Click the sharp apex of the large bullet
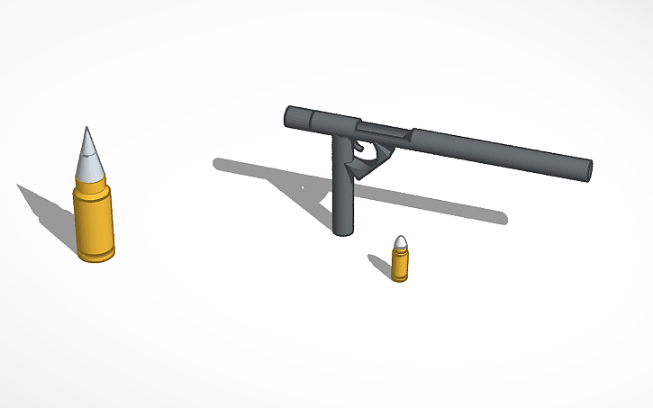click(x=87, y=129)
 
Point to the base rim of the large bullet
click(x=96, y=257)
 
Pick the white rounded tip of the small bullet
click(x=401, y=242)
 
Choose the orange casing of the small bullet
click(x=400, y=264)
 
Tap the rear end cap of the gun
click(x=290, y=116)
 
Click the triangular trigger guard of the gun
click(x=373, y=163)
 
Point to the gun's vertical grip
click(x=342, y=194)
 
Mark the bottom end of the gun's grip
click(x=342, y=231)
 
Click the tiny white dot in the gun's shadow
click(x=302, y=188)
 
